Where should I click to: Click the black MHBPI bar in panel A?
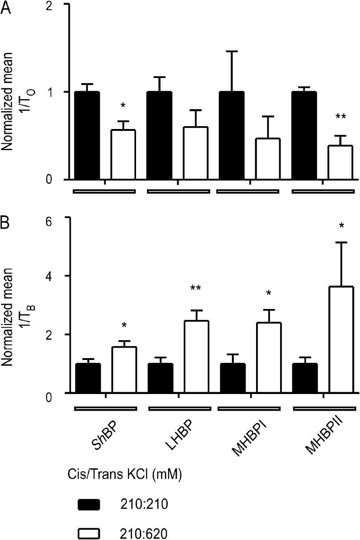[x=231, y=136]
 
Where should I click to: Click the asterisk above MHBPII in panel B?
[x=341, y=226]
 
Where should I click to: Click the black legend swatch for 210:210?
[x=88, y=505]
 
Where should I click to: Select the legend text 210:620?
[x=142, y=532]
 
